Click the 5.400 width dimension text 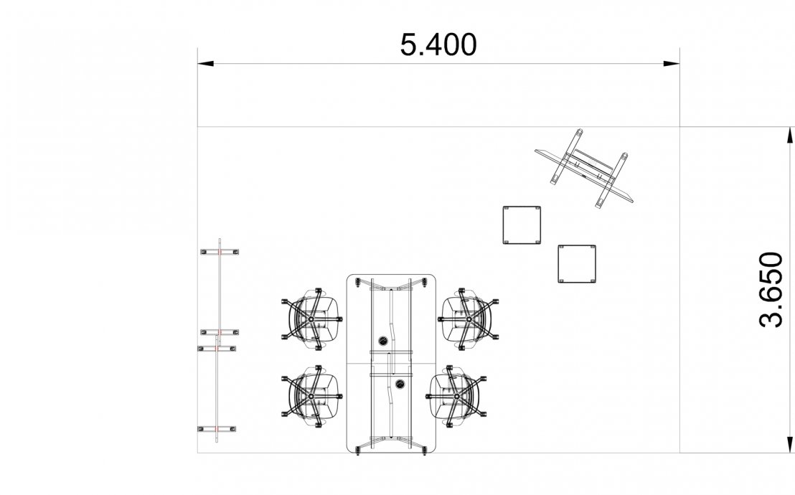click(x=438, y=44)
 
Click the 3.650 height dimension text click(x=771, y=290)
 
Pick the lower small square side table click(x=578, y=263)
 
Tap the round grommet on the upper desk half click(x=384, y=340)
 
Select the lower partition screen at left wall click(x=217, y=387)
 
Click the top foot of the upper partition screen click(x=220, y=251)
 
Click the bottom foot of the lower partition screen click(x=216, y=429)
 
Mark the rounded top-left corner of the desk click(x=352, y=279)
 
